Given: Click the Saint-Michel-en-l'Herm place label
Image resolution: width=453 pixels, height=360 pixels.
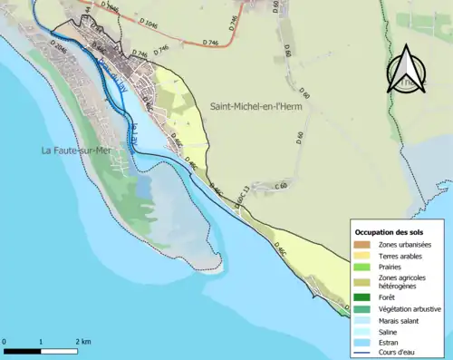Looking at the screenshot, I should (256, 107).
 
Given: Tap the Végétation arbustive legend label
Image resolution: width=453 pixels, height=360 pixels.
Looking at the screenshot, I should (410, 308).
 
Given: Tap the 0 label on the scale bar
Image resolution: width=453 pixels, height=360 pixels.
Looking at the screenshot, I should (5, 342).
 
